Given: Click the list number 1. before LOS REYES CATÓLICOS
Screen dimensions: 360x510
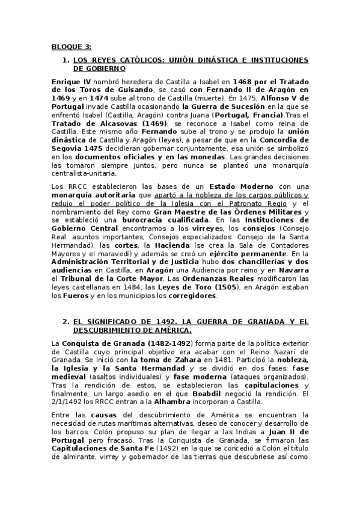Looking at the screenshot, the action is (x=65, y=60).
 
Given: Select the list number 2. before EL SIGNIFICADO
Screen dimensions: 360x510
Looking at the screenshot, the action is (x=65, y=322).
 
